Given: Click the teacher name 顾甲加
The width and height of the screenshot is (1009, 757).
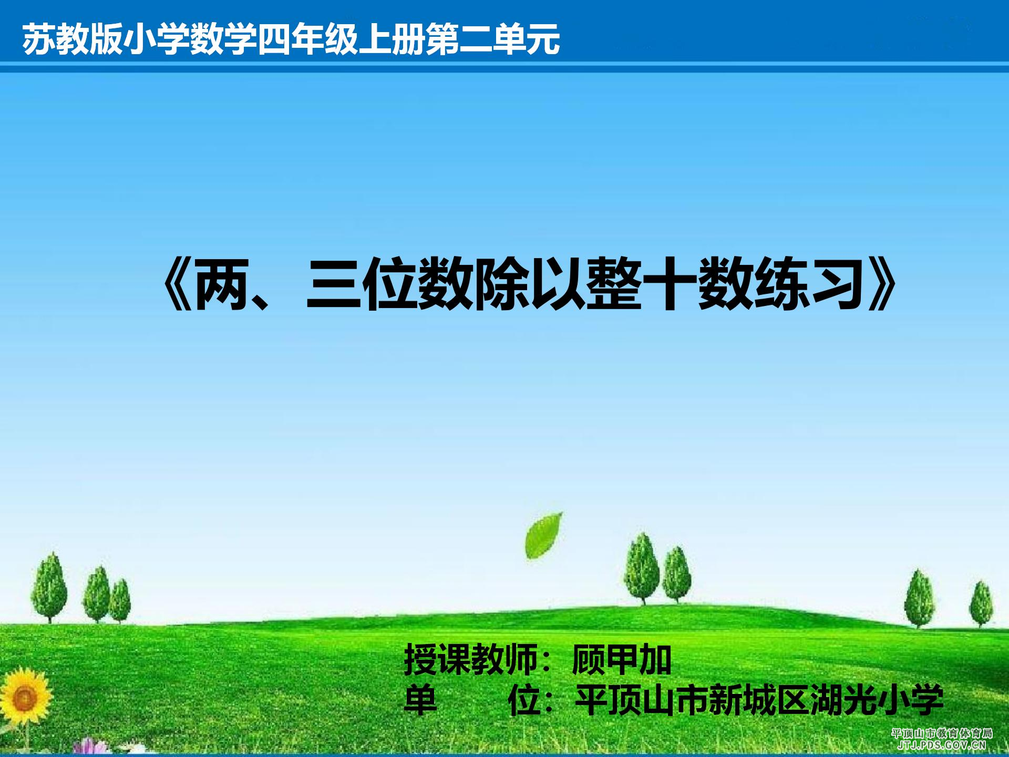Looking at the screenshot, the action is [622, 660].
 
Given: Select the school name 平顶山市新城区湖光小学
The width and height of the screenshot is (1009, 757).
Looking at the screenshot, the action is [760, 700].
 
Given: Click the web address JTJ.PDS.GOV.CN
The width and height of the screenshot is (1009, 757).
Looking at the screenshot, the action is [942, 744].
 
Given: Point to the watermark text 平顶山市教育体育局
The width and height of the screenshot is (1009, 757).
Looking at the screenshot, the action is [942, 733].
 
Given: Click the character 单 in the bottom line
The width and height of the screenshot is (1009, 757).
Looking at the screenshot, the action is [420, 700].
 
